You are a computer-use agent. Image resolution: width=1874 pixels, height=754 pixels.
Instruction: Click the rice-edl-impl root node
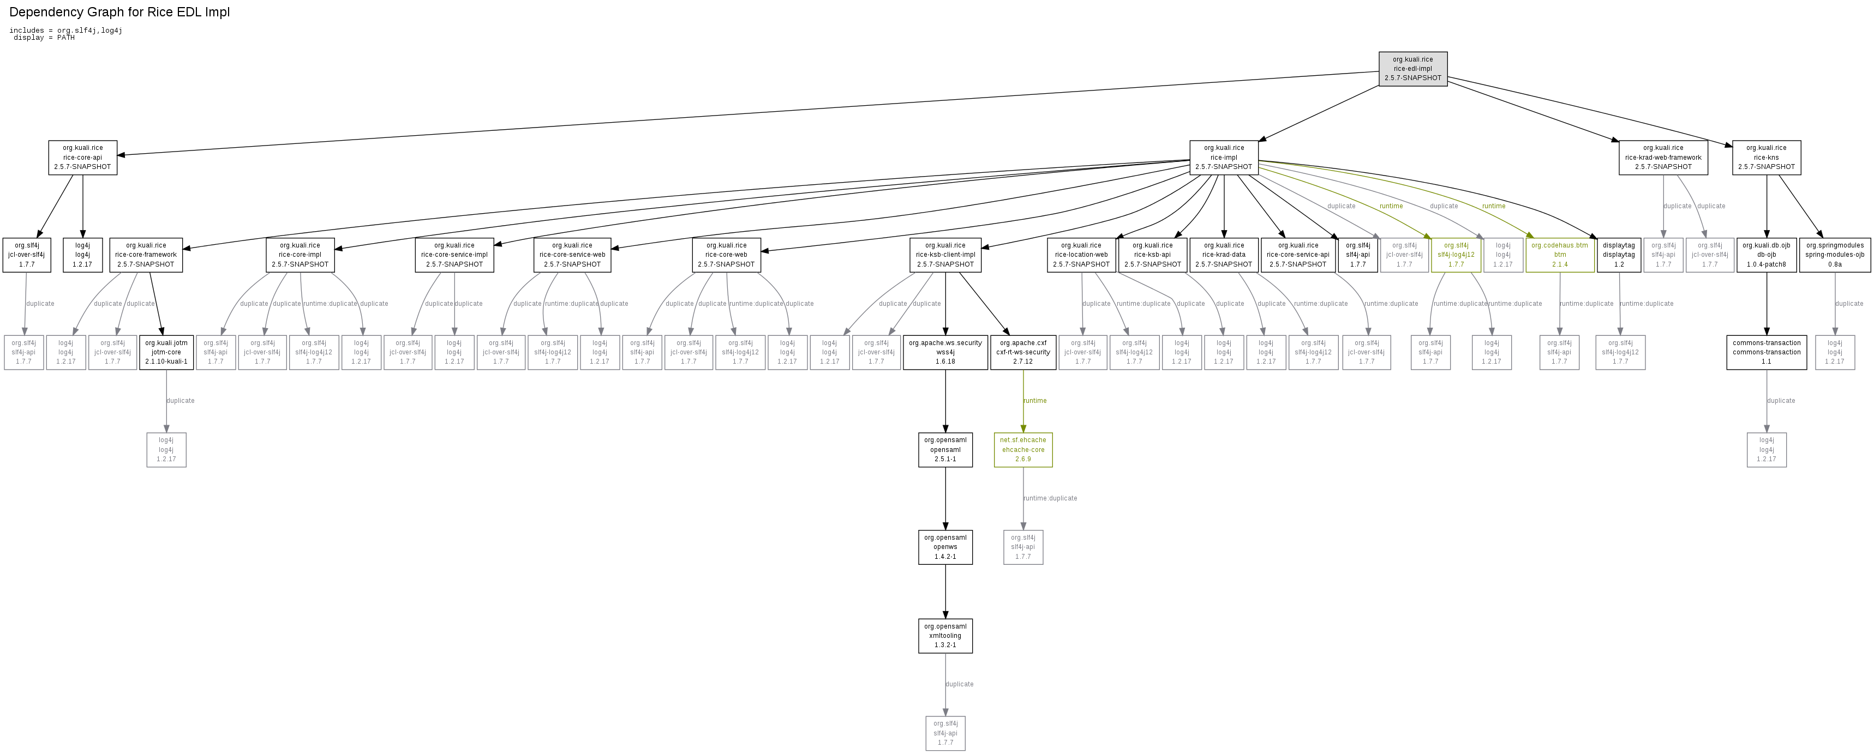click(x=1413, y=68)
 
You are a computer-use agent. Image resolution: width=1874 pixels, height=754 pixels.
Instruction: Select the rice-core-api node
click(x=82, y=157)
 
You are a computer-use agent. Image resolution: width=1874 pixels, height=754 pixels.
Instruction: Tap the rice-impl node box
click(x=1224, y=157)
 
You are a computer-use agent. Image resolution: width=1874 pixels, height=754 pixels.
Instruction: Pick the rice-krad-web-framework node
click(x=1663, y=157)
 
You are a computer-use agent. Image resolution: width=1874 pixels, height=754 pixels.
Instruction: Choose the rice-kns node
click(x=1767, y=157)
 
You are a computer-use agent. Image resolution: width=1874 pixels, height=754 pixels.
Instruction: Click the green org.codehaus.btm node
click(x=1560, y=255)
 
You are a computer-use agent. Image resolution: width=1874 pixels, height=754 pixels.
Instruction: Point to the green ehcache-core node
click(x=1023, y=449)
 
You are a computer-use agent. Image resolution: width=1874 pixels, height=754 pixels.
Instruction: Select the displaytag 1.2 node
click(x=1619, y=255)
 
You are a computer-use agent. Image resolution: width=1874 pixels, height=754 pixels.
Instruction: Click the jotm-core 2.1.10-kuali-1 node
click(x=166, y=352)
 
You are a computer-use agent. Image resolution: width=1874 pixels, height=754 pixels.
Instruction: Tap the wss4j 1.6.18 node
click(x=945, y=352)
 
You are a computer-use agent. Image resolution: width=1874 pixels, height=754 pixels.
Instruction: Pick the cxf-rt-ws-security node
click(x=1023, y=352)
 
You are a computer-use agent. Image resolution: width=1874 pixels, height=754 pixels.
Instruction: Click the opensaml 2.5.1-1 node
click(x=945, y=449)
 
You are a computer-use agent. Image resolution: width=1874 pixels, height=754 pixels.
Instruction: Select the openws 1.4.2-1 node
click(x=945, y=547)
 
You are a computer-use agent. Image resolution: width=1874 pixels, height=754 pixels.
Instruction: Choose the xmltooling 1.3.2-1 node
click(x=945, y=636)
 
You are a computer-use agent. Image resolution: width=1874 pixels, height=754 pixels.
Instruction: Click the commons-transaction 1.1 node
click(x=1767, y=352)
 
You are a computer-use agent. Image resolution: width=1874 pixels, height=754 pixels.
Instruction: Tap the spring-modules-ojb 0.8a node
click(x=1835, y=255)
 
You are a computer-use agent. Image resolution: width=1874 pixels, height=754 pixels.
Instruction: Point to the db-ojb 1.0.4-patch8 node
click(x=1767, y=255)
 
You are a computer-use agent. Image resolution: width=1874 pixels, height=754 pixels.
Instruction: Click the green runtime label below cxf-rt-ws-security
click(x=1034, y=401)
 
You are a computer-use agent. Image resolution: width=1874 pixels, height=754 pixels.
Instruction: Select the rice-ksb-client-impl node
click(x=945, y=255)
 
